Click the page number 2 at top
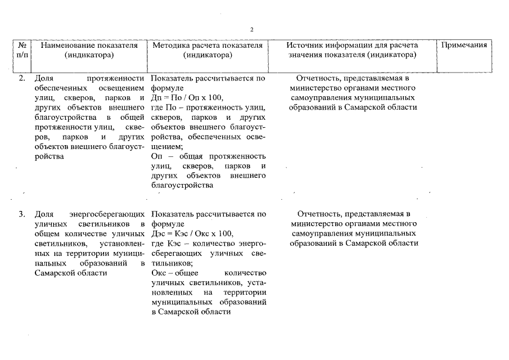point(252,29)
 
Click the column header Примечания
point(465,45)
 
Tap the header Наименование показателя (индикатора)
point(89,50)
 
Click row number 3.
point(22,214)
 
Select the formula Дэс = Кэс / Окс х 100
point(192,233)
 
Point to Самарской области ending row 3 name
point(70,273)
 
